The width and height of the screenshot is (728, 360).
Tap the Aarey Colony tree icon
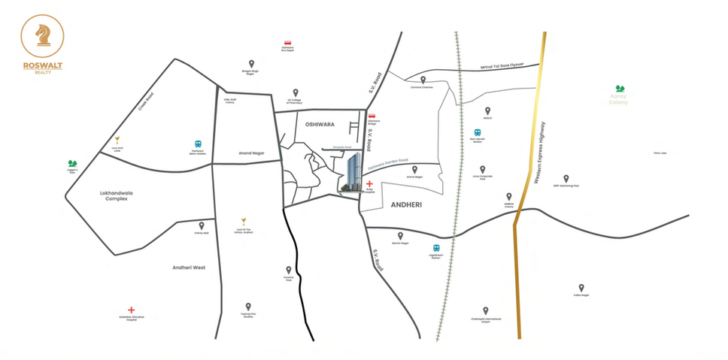click(619, 89)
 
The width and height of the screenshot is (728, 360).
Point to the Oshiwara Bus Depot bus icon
click(287, 44)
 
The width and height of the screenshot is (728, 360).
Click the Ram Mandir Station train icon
click(478, 132)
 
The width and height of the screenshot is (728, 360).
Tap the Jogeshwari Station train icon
click(435, 248)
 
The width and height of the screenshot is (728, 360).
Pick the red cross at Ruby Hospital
click(369, 184)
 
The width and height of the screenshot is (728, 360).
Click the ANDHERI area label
click(408, 204)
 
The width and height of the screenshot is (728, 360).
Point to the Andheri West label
click(188, 267)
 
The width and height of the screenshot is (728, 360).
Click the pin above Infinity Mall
click(202, 225)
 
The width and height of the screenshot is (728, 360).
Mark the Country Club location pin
click(288, 270)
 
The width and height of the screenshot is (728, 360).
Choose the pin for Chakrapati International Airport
click(486, 310)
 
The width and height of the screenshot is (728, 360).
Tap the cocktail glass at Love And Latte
click(117, 140)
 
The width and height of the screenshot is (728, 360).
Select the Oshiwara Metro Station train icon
click(198, 144)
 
